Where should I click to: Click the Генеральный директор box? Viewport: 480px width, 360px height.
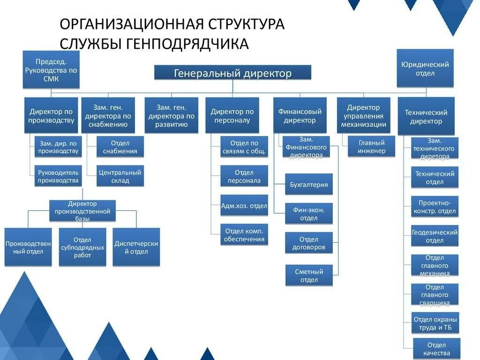point(233,73)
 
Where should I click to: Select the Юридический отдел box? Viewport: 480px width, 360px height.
point(425,68)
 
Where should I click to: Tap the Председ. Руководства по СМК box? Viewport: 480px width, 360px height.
point(51,70)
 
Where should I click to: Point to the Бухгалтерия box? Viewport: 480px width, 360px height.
point(309,184)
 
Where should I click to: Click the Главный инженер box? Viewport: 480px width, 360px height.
point(371,147)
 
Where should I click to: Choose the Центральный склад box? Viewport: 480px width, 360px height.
point(120,176)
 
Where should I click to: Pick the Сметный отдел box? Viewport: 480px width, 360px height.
point(309,276)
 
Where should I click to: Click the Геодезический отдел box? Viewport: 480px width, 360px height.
point(435,236)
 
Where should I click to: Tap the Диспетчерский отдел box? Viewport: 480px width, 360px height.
point(136,247)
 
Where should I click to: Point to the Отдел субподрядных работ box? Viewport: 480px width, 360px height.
point(82,247)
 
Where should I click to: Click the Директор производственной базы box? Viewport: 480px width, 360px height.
point(82,211)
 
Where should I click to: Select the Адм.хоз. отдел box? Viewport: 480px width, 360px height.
point(244,205)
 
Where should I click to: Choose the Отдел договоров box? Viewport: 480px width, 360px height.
point(309,243)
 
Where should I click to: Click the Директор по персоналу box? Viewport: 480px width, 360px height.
point(232,115)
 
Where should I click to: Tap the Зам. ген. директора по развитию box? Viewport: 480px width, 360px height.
point(172,115)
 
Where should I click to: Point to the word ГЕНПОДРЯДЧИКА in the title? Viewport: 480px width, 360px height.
point(187,44)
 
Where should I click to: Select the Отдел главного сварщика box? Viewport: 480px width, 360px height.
point(435,295)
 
